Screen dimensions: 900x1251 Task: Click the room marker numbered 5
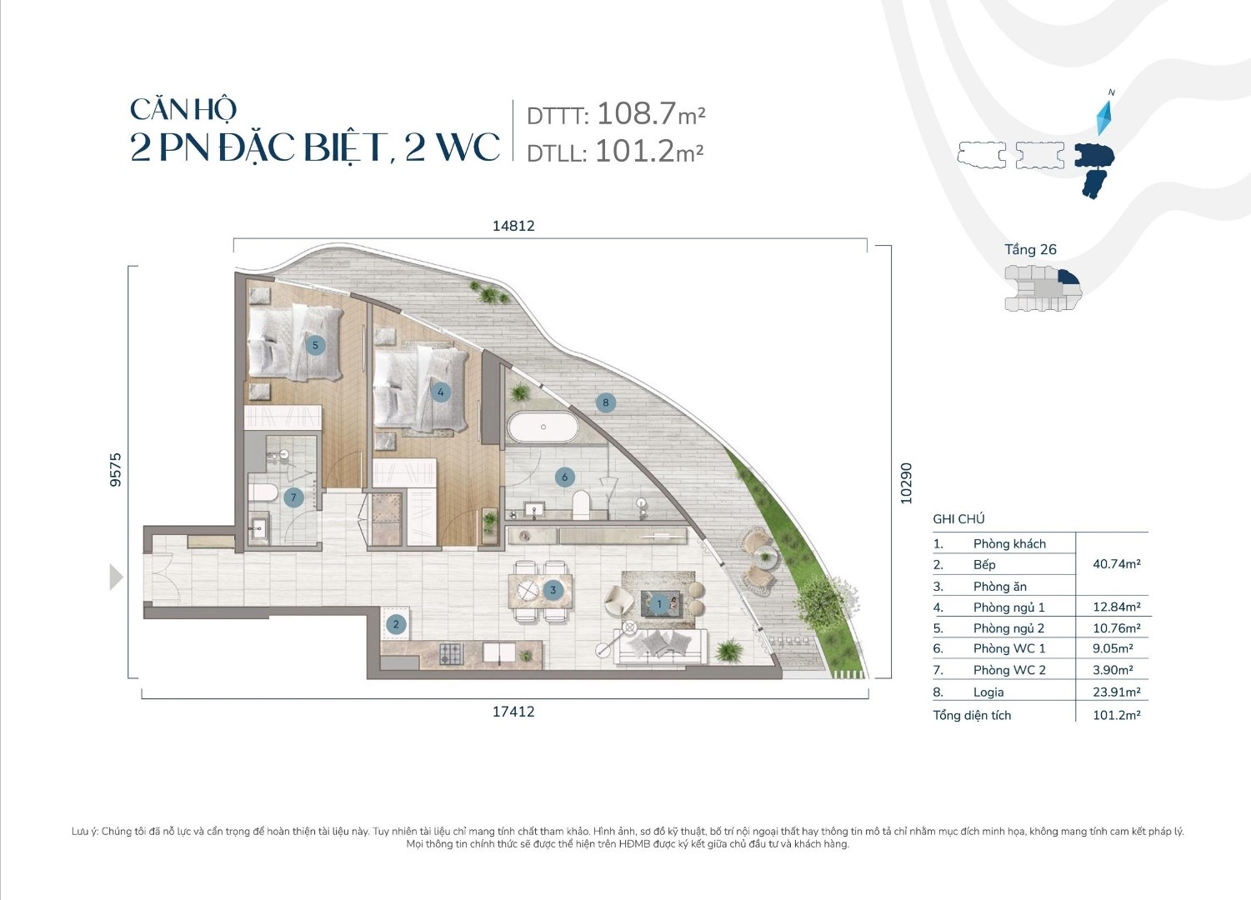pos(315,345)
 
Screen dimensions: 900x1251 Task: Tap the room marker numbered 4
pos(440,392)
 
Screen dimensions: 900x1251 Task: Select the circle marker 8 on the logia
pos(606,402)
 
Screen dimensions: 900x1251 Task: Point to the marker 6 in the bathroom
pos(564,477)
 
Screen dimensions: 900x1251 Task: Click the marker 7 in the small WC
pos(293,498)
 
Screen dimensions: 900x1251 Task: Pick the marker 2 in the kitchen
pos(396,624)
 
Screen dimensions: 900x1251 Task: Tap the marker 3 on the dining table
pos(553,590)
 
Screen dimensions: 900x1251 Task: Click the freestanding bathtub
pos(543,427)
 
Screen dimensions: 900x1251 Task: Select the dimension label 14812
pos(513,226)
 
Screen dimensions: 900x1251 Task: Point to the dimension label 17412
pos(513,712)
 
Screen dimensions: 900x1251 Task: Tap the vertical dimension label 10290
pos(906,483)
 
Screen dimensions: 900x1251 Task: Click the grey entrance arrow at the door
pos(116,577)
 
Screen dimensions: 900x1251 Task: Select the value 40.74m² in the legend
pos(1116,564)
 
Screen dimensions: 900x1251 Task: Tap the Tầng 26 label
pos(1030,249)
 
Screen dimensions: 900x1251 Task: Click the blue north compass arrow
pos(1106,117)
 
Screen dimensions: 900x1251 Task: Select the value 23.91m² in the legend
pos(1116,692)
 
